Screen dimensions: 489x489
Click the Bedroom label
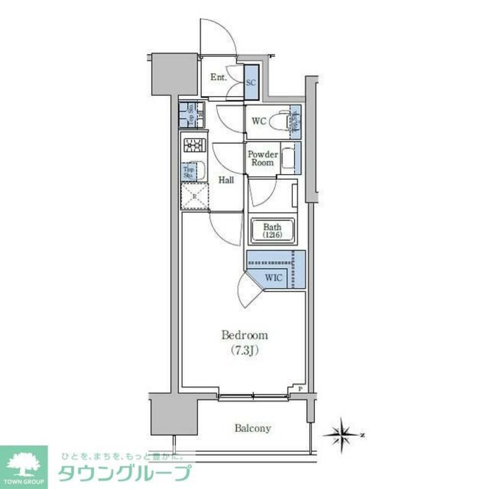point(244,335)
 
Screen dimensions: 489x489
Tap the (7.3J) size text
point(244,350)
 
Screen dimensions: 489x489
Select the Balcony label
point(252,428)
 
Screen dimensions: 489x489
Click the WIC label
point(273,277)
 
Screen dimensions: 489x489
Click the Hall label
point(226,180)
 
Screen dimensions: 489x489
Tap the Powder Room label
point(263,158)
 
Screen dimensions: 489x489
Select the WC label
point(259,121)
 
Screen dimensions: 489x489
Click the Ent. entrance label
point(218,77)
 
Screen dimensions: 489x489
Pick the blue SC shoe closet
point(251,83)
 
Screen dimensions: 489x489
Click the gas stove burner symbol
point(193,145)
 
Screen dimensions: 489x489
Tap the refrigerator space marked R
point(194,197)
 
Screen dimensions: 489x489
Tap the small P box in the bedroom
point(300,389)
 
